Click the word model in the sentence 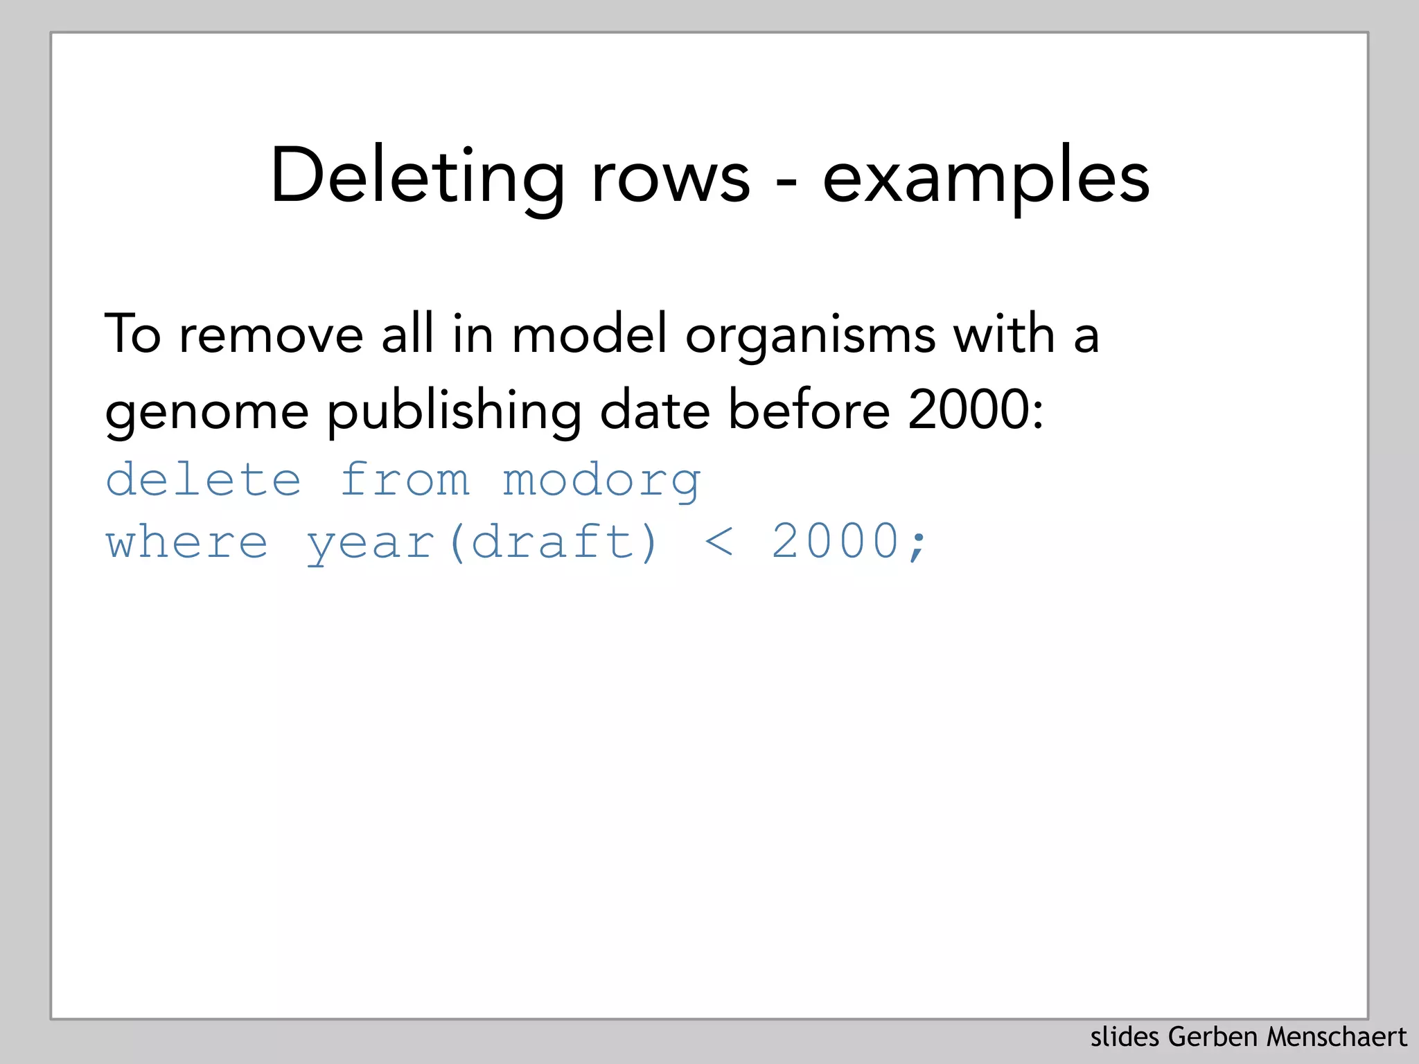coord(589,334)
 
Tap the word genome coord(206,411)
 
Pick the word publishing coord(454,411)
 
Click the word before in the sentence coord(809,410)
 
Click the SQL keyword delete coord(204,479)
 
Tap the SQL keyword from coord(405,479)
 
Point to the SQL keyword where coord(187,542)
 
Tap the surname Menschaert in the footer coord(1337,1037)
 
